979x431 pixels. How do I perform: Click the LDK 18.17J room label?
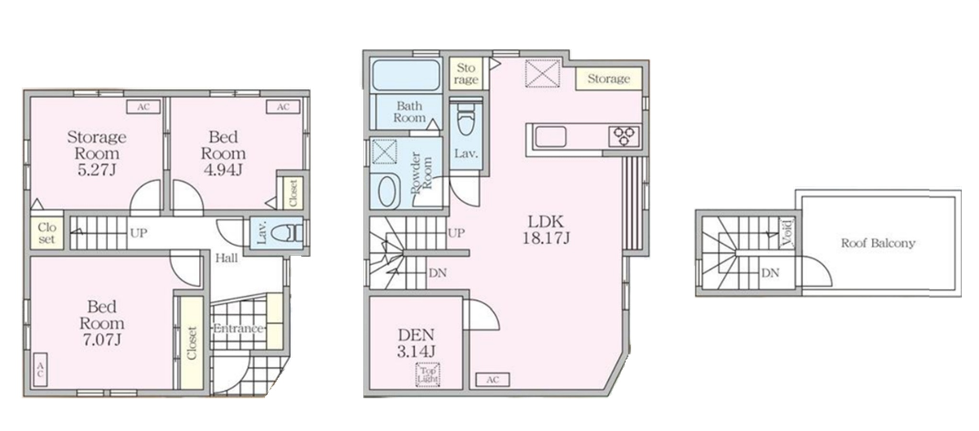(546, 229)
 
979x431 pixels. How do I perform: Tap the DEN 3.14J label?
(416, 343)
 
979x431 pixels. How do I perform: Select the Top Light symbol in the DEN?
(428, 375)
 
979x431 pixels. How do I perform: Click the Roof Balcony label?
(878, 243)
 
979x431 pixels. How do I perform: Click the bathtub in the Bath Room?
(406, 75)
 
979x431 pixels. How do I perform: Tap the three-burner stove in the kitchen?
(624, 136)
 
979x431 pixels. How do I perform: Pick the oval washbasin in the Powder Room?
(388, 191)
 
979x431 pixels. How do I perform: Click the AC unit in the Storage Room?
(143, 107)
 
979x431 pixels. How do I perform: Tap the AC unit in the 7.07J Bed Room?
(40, 370)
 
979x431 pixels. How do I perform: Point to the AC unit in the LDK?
(492, 380)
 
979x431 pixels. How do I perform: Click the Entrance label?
(238, 328)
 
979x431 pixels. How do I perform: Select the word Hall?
(226, 258)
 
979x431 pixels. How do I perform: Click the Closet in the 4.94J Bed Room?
(293, 193)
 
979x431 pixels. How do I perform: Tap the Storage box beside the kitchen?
(608, 79)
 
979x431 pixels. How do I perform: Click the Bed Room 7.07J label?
(102, 323)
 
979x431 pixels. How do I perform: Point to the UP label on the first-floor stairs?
(138, 233)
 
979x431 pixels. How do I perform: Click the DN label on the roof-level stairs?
(770, 273)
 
